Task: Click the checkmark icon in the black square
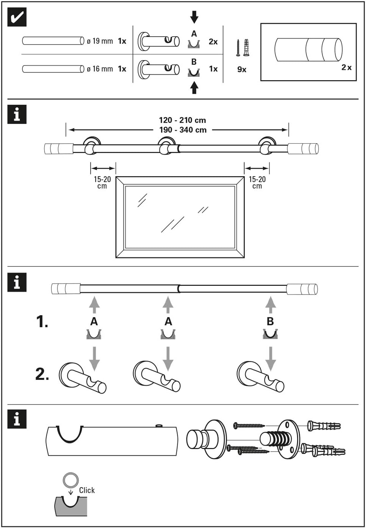point(17,17)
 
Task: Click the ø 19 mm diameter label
point(100,41)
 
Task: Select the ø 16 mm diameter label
point(100,69)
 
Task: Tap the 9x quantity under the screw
point(242,70)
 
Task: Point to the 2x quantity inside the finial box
point(346,67)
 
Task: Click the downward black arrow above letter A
point(194,17)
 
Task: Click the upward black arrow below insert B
point(194,88)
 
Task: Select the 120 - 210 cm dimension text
point(182,120)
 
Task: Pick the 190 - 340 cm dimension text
point(183,130)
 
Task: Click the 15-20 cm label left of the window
point(102,182)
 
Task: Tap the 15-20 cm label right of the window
point(257,182)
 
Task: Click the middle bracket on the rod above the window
point(166,146)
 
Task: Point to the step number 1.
point(42,322)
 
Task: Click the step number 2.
point(42,374)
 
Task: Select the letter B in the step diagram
point(270,321)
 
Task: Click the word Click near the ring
point(87,490)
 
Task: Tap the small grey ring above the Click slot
point(70,480)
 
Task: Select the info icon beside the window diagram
point(17,114)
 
